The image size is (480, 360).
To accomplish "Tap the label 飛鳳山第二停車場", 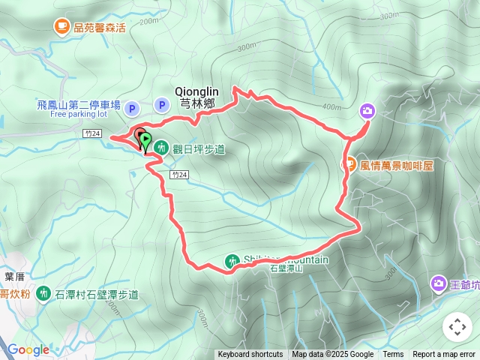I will click(78, 106).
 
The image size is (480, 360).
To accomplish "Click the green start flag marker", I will click(145, 140).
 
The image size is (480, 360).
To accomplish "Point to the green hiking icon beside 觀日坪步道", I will click(161, 148).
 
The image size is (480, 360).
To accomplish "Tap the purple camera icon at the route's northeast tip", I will click(367, 111).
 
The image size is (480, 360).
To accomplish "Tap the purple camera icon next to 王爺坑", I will click(438, 283).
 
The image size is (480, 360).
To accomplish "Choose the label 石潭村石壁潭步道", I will click(97, 294).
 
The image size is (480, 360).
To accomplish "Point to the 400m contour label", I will click(331, 106).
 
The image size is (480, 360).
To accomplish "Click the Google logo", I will click(28, 349).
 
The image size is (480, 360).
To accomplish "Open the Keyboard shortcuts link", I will click(250, 355).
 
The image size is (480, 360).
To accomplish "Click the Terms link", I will click(393, 355).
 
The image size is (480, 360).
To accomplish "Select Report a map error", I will click(444, 355).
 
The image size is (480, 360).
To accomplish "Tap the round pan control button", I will click(457, 326).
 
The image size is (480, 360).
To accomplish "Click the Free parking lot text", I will click(79, 115).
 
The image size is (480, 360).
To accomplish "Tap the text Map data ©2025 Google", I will click(332, 355).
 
